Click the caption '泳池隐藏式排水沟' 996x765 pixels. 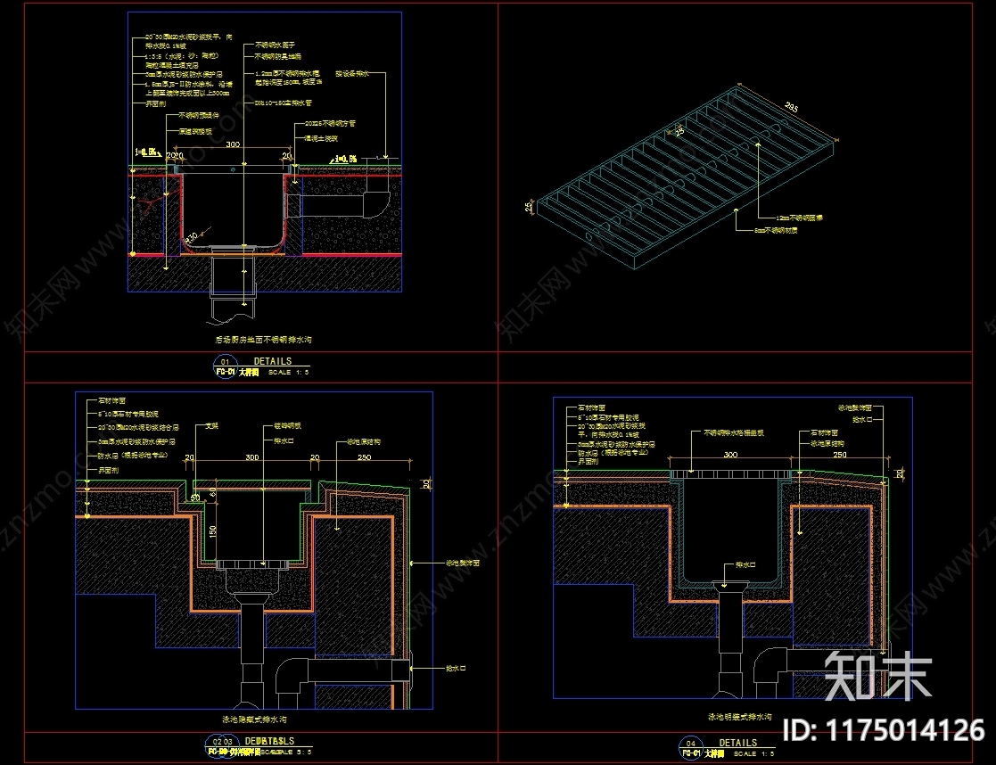(x=253, y=719)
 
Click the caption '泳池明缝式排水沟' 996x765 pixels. (x=740, y=716)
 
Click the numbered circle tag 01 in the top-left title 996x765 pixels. (x=225, y=362)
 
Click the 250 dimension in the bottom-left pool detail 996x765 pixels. (x=363, y=457)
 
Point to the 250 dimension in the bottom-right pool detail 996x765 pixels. (x=839, y=455)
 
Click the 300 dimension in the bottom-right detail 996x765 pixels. (x=730, y=455)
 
